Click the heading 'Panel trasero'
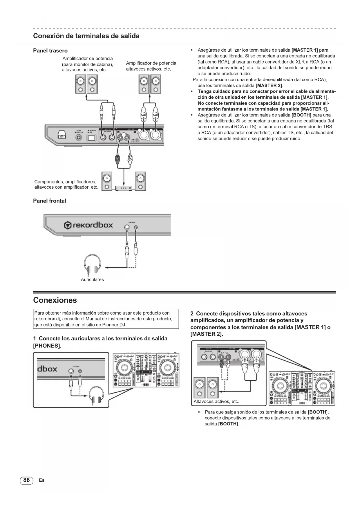click(x=50, y=51)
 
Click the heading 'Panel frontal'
click(x=50, y=201)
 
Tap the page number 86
click(x=26, y=480)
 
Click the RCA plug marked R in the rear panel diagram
click(x=117, y=160)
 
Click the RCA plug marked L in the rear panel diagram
click(x=130, y=160)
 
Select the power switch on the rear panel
click(x=92, y=138)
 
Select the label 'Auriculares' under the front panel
click(x=92, y=280)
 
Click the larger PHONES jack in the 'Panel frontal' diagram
click(x=126, y=227)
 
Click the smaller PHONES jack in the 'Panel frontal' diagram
click(x=136, y=227)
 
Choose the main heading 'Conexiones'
click(x=55, y=300)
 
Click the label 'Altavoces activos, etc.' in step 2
click(x=216, y=402)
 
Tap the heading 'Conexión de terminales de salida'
click(x=86, y=36)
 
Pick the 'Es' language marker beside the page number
click(x=41, y=480)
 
